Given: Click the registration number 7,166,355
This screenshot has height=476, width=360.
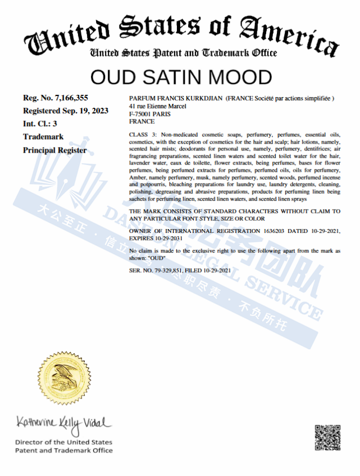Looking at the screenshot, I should [x=69, y=98].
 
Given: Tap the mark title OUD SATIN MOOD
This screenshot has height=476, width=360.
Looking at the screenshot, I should [x=181, y=77].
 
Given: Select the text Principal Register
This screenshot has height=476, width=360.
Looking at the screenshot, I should [x=55, y=150].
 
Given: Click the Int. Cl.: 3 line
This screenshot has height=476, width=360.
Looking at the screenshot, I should [x=40, y=123].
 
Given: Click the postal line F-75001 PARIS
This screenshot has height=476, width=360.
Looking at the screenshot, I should [x=149, y=113].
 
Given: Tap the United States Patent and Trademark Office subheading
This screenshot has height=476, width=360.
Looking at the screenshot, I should [x=184, y=53].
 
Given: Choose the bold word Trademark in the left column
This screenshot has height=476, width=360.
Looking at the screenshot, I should [x=43, y=136].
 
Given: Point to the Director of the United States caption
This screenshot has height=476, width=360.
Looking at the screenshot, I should [x=63, y=442].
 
